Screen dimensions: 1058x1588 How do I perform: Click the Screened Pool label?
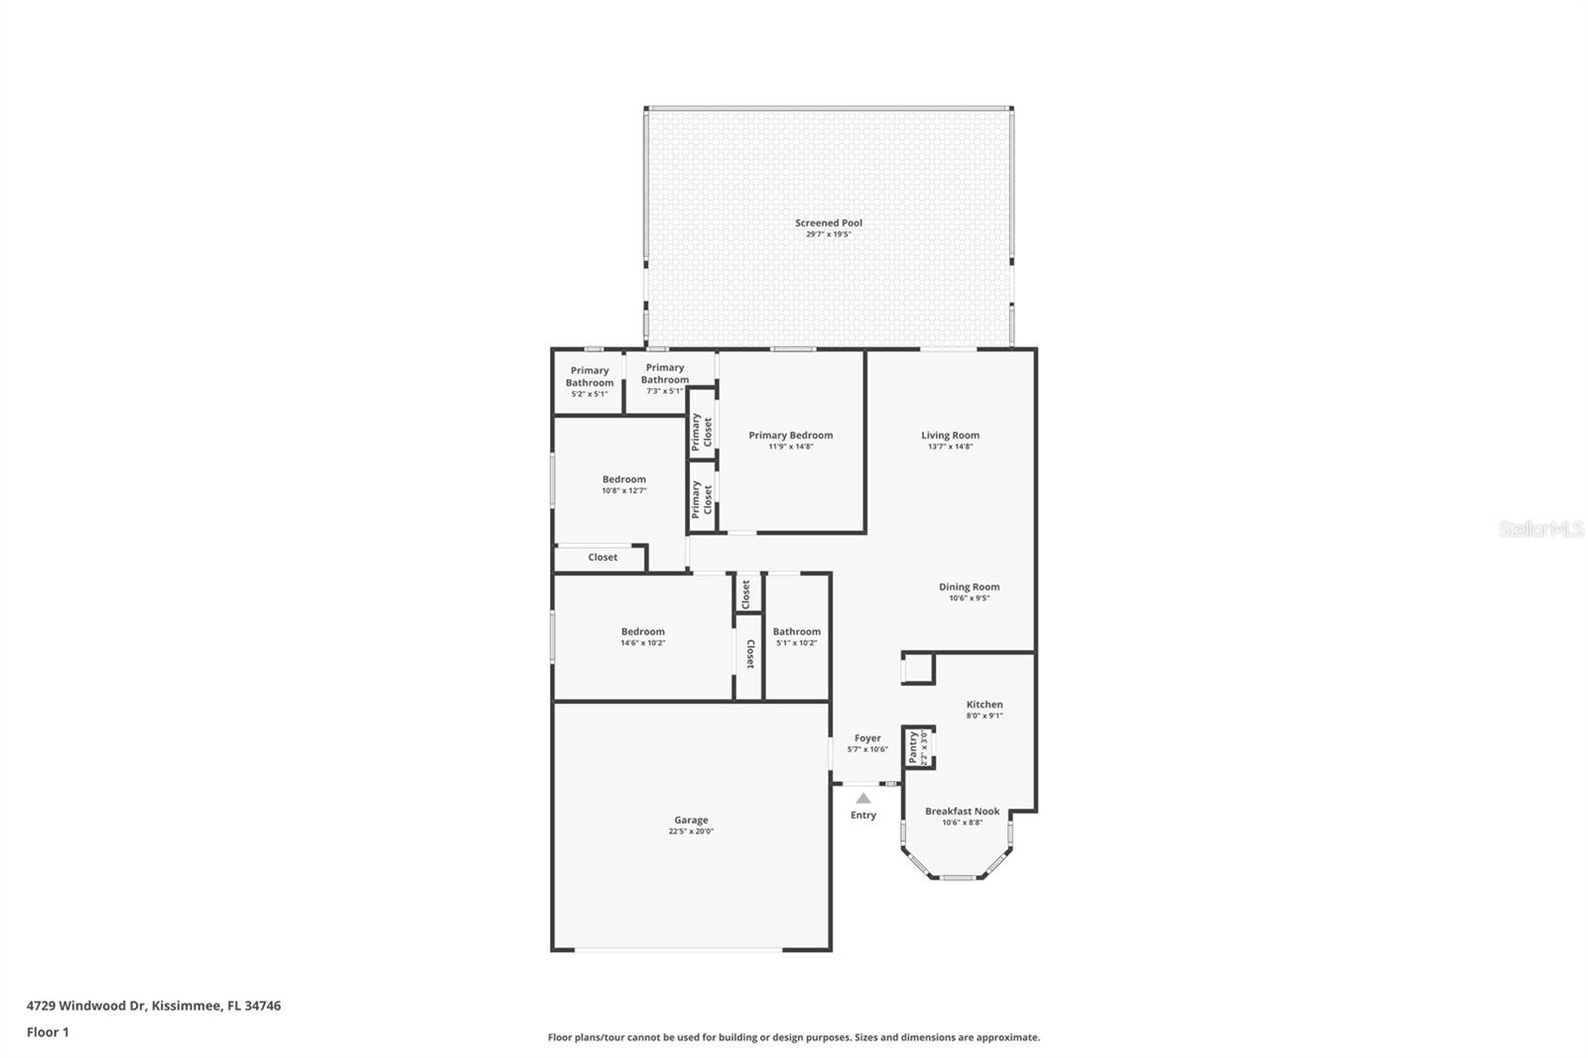pos(828,223)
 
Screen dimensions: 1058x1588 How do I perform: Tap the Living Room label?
pos(950,435)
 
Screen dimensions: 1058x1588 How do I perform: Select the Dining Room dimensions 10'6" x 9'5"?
pos(969,598)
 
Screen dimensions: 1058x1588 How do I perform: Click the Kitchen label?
pos(984,705)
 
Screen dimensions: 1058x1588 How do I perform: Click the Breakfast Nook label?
pos(962,811)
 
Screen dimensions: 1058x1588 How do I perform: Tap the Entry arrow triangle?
pos(863,798)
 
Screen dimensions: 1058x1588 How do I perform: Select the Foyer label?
pos(866,738)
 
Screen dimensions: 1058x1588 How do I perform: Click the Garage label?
pos(691,820)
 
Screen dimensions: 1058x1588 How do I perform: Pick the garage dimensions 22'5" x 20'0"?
pos(691,832)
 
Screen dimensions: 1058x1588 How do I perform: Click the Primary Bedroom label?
pos(790,435)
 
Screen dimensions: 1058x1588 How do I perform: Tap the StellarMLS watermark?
pos(1540,529)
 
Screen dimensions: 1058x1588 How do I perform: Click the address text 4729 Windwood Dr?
pos(87,1005)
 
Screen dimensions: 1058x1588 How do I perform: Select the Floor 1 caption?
pos(48,1032)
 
